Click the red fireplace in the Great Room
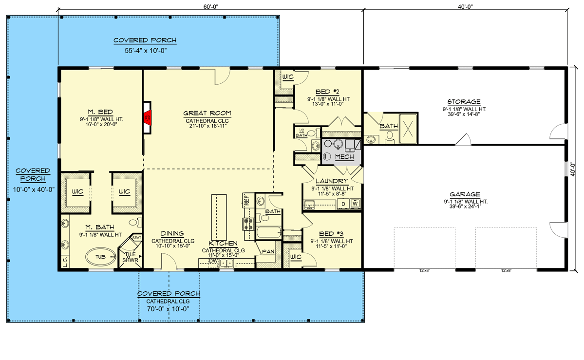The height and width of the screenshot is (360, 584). point(148,118)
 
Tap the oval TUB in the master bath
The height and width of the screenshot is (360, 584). point(100,257)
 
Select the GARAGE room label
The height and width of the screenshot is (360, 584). point(465,194)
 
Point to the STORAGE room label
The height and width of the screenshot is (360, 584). point(464,102)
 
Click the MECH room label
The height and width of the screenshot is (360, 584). point(344,157)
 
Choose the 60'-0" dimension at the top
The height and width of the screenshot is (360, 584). point(211,7)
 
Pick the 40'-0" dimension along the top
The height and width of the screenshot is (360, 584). point(465,7)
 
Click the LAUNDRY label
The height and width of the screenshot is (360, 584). point(332,181)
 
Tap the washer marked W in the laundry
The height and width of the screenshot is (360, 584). point(355,204)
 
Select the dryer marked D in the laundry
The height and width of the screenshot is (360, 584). point(343,204)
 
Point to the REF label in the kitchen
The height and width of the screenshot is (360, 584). point(246,201)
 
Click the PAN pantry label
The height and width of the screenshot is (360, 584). point(268,252)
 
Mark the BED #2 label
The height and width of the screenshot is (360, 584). point(327,92)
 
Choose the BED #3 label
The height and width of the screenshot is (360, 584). point(331,234)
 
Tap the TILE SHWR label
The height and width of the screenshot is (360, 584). point(131,257)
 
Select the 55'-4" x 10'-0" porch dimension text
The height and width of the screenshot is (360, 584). point(146,51)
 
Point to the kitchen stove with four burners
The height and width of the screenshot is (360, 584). point(248,224)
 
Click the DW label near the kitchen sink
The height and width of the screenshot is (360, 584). point(213,261)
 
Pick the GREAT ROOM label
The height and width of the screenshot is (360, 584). point(207,113)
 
